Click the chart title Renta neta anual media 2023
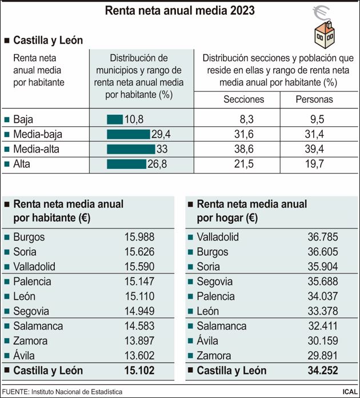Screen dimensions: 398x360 click(x=179, y=11)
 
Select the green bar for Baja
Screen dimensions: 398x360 click(x=114, y=119)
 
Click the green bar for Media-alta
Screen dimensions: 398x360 click(x=130, y=149)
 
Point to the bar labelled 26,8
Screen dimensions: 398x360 click(x=126, y=164)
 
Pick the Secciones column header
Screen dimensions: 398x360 click(x=243, y=99)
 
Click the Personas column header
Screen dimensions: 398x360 click(x=314, y=99)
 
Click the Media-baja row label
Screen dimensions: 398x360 click(x=38, y=134)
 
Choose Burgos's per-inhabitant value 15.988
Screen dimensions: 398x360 click(x=139, y=237)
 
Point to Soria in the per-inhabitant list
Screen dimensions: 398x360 click(x=25, y=252)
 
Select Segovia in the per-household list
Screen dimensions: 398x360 click(x=214, y=282)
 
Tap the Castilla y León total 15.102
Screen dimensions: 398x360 click(x=139, y=371)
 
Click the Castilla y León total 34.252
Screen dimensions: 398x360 click(x=322, y=371)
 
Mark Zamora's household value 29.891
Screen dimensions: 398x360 click(x=322, y=356)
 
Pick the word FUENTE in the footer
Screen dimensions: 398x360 click(x=15, y=392)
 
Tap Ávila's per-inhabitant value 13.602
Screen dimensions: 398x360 click(x=139, y=356)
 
